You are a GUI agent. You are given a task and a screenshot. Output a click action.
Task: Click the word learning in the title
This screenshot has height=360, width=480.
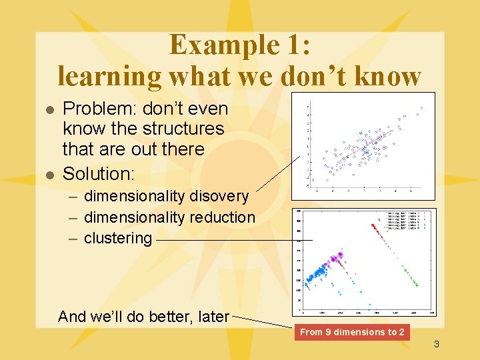(109, 76)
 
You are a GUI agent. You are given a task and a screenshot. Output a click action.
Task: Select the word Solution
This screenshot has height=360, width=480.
(98, 174)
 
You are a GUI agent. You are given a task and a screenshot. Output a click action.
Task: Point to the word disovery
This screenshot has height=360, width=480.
(219, 196)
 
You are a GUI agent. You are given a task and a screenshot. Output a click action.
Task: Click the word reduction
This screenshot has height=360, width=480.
(222, 217)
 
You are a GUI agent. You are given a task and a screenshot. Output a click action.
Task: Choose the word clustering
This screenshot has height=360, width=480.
(117, 238)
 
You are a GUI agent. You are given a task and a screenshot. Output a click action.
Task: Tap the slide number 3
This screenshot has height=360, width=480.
(436, 344)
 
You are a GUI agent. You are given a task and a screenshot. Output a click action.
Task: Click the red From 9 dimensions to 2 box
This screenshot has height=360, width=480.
(351, 332)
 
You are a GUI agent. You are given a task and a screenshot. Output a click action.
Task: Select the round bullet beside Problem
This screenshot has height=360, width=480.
(48, 109)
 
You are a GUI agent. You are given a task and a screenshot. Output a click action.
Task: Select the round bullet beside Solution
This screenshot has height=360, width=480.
(48, 175)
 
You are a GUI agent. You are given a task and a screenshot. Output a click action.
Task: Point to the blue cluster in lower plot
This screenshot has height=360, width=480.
(319, 271)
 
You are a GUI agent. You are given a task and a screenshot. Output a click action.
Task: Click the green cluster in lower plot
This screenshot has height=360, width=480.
(409, 276)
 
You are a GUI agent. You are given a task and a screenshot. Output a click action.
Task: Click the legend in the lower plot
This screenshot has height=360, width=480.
(407, 220)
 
